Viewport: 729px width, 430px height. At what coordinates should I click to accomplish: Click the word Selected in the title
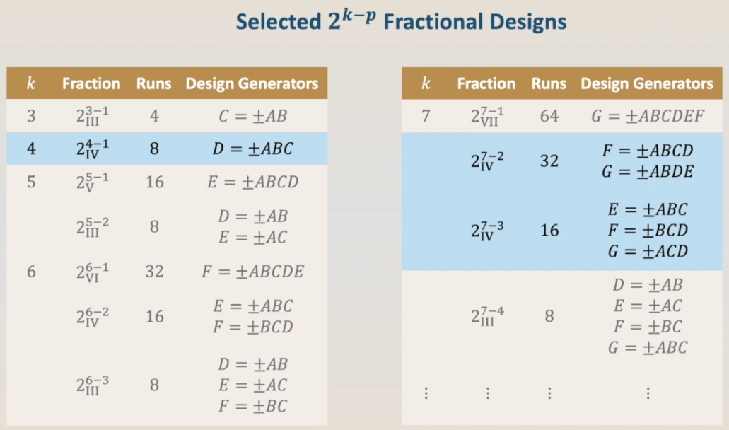coord(279,22)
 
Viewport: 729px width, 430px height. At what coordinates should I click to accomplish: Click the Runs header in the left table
coord(154,83)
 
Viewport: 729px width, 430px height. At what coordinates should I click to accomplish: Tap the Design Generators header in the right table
coord(647,83)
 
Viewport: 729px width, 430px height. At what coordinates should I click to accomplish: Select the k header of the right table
coord(426,83)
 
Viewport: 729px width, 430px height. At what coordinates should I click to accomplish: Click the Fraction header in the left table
coord(91,83)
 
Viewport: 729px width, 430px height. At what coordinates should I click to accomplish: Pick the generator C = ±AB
coord(253,116)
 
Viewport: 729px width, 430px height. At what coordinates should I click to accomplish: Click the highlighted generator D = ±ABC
coord(253,149)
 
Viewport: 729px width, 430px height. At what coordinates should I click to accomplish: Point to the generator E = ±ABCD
coord(253,182)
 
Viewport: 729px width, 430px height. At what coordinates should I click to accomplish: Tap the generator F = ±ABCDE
coord(253,272)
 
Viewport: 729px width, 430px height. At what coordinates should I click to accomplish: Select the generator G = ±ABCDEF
coord(648,116)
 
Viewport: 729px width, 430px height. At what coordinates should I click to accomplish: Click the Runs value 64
coord(549,116)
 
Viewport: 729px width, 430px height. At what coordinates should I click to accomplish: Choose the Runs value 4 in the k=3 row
coord(154,116)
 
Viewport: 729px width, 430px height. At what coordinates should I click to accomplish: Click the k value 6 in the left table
coord(31,272)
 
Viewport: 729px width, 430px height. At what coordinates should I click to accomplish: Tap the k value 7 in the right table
coord(426,116)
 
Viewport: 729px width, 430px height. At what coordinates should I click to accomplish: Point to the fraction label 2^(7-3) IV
coord(487,231)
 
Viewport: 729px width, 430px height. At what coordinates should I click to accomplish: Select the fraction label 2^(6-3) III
coord(93,385)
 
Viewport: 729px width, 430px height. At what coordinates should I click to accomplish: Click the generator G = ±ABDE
coord(648,172)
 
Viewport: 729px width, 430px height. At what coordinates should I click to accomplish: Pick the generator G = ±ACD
coord(648,252)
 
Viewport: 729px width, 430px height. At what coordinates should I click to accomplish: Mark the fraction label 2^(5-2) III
coord(93,227)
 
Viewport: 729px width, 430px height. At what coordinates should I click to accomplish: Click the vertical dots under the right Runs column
coord(549,394)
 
